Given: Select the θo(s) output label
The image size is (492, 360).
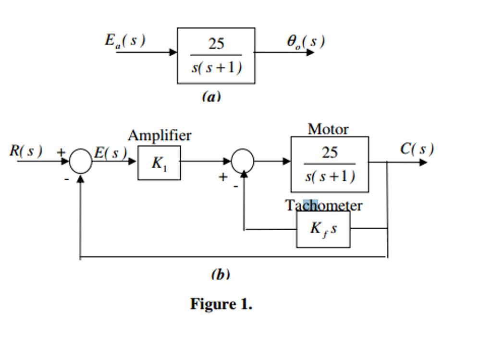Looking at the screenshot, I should coord(306,42).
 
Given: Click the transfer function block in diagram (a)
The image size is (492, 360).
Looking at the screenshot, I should coord(216,56).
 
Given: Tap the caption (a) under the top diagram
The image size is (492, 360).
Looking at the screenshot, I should coord(211,97).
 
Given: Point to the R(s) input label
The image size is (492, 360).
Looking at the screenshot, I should coord(26,151).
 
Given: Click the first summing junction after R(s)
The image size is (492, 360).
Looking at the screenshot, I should coord(80,161).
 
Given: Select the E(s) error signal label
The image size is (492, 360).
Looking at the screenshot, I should coord(110,153).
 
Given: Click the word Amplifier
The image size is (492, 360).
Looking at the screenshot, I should coord(160,136).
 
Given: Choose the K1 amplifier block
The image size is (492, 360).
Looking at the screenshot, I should coord(159,163).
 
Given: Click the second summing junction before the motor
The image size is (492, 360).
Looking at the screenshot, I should coord(243,161).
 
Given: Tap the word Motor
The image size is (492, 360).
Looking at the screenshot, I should coord(328,129).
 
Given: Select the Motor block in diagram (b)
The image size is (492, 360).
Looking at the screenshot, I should coord(330,164).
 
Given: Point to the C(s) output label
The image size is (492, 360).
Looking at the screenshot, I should coord(417,149).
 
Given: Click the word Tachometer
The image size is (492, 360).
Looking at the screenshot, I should coord(324,205).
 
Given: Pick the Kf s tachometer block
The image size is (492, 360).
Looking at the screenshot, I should coord(323,229).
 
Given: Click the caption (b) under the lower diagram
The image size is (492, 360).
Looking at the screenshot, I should coord(220,274).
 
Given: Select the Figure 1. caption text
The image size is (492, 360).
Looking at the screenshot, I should coord(221,304).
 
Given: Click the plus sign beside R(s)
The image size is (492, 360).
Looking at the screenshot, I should coord(61,152).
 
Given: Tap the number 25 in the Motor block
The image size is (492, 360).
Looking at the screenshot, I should coord(330,153).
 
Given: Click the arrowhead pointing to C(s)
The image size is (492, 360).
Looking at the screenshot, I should coord(423,162).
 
